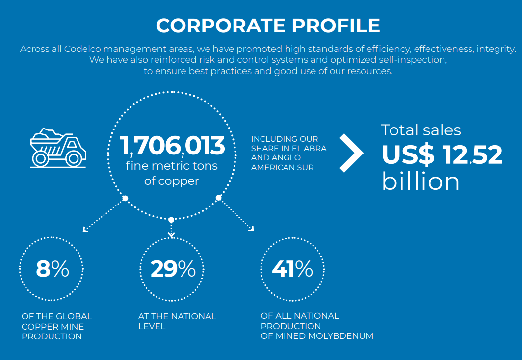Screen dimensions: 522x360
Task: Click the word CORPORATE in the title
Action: click(221, 26)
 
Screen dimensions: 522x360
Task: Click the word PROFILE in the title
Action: click(336, 26)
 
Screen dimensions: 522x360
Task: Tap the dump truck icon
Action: click(58, 148)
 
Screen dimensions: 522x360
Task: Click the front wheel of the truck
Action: click(74, 159)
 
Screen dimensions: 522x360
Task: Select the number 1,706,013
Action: click(172, 145)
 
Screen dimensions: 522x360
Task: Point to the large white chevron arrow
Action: click(351, 153)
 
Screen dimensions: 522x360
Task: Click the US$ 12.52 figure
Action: click(442, 154)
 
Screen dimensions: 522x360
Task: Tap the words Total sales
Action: click(421, 130)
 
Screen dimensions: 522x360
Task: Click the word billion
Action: click(421, 181)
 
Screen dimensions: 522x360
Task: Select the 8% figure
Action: click(52, 269)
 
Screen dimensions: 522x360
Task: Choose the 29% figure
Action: click(173, 269)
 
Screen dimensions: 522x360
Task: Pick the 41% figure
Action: click(292, 269)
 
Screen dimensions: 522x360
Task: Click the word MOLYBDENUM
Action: click(340, 336)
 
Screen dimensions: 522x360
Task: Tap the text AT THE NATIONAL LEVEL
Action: click(177, 321)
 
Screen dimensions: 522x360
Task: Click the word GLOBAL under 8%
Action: click(73, 316)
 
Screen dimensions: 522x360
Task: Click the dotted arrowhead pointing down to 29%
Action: click(171, 235)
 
